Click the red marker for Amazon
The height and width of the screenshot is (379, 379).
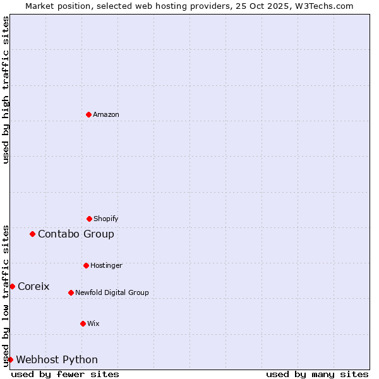click(x=88, y=114)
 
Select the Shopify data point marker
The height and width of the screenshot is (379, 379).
click(x=89, y=219)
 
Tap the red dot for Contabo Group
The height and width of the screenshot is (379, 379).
click(x=32, y=234)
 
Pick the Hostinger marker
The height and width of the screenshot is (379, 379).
click(x=86, y=265)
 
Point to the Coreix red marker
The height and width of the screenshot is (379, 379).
click(x=12, y=286)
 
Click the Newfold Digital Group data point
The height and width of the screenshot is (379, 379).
click(x=71, y=292)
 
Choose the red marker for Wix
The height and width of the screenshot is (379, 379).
click(x=83, y=323)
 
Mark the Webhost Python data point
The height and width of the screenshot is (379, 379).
click(x=10, y=359)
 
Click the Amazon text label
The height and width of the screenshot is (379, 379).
click(x=106, y=114)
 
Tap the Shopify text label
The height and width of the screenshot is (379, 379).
click(x=106, y=219)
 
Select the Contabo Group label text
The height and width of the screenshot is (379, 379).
click(x=76, y=234)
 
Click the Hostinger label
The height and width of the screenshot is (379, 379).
click(x=106, y=265)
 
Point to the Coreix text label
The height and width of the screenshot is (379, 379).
click(x=33, y=286)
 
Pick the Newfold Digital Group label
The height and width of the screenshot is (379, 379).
click(x=112, y=292)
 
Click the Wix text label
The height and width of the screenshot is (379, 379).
click(x=93, y=323)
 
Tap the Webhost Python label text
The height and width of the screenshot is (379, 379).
click(x=57, y=359)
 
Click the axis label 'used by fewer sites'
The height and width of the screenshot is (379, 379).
click(x=65, y=374)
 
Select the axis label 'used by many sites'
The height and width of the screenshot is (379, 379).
click(x=317, y=374)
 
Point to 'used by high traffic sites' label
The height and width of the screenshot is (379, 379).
click(x=6, y=90)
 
